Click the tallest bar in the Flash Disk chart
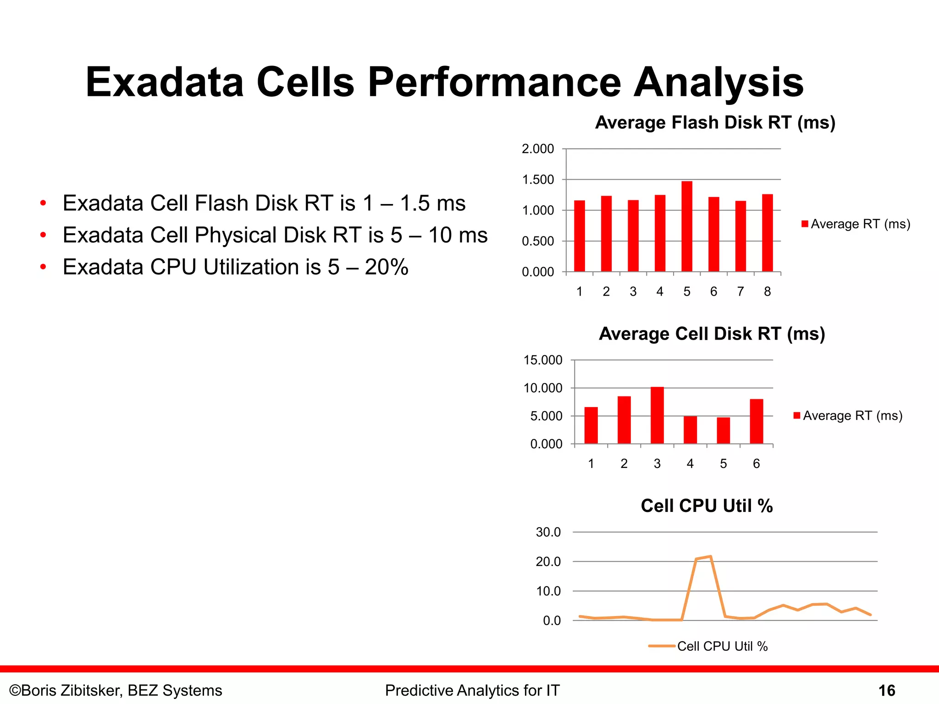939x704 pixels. pyautogui.click(x=686, y=226)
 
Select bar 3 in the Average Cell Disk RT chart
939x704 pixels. pyautogui.click(x=657, y=415)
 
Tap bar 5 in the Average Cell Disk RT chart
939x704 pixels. pyautogui.click(x=723, y=430)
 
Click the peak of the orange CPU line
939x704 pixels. pyautogui.click(x=710, y=556)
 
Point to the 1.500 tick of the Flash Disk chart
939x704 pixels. pyautogui.click(x=538, y=180)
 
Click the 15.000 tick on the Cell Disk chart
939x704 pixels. pyautogui.click(x=543, y=360)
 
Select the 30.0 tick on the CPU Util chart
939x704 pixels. pyautogui.click(x=548, y=532)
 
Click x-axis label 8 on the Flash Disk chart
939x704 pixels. pyautogui.click(x=767, y=291)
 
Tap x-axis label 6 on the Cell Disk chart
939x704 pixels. pyautogui.click(x=756, y=463)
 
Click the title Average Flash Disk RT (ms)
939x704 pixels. pyautogui.click(x=715, y=122)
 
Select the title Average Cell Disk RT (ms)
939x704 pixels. pyautogui.click(x=712, y=334)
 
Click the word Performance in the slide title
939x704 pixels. pyautogui.click(x=494, y=82)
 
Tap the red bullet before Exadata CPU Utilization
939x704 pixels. pyautogui.click(x=43, y=267)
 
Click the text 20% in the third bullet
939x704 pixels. pyautogui.click(x=386, y=267)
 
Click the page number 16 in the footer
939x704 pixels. pyautogui.click(x=886, y=690)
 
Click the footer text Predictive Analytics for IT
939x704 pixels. pyautogui.click(x=472, y=690)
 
